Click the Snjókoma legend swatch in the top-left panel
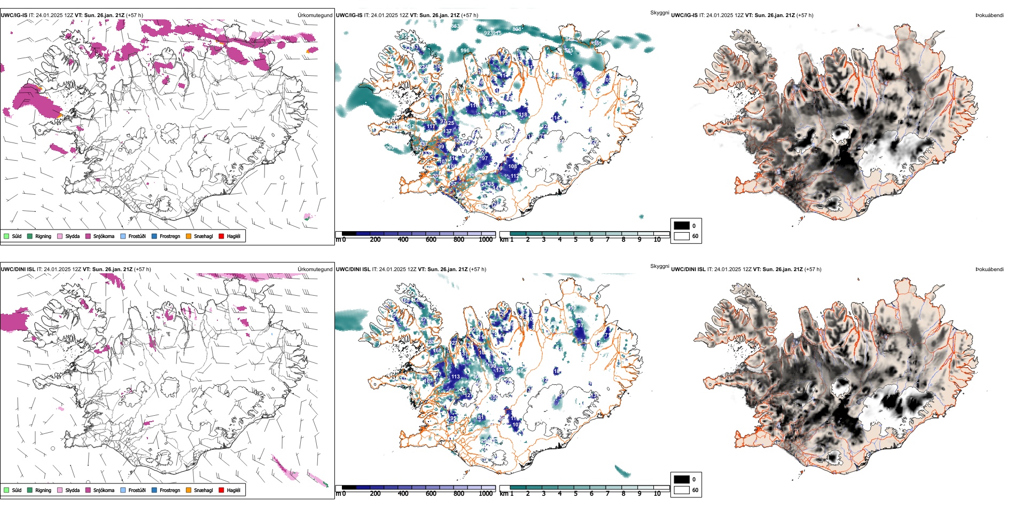pyautogui.click(x=88, y=236)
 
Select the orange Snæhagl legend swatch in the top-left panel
pyautogui.click(x=189, y=236)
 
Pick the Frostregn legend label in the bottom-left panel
pyautogui.click(x=170, y=490)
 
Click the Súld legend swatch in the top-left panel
pyautogui.click(x=6, y=236)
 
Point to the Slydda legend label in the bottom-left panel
pyautogui.click(x=72, y=490)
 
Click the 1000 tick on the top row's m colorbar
pyautogui.click(x=486, y=240)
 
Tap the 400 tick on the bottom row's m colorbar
pyautogui.click(x=403, y=494)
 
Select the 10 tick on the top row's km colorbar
pyautogui.click(x=657, y=240)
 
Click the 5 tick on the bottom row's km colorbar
pyautogui.click(x=575, y=494)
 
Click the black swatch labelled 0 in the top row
pyautogui.click(x=682, y=226)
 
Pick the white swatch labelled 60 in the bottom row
pyautogui.click(x=682, y=490)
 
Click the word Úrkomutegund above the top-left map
pyautogui.click(x=315, y=15)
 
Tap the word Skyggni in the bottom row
pyautogui.click(x=659, y=266)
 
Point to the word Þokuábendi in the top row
pyautogui.click(x=989, y=15)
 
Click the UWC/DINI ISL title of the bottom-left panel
pyautogui.click(x=18, y=270)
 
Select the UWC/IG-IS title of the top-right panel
pyautogui.click(x=684, y=15)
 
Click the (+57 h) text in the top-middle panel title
pyautogui.click(x=469, y=15)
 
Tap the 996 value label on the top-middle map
pyautogui.click(x=465, y=51)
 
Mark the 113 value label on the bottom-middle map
pyautogui.click(x=456, y=376)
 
